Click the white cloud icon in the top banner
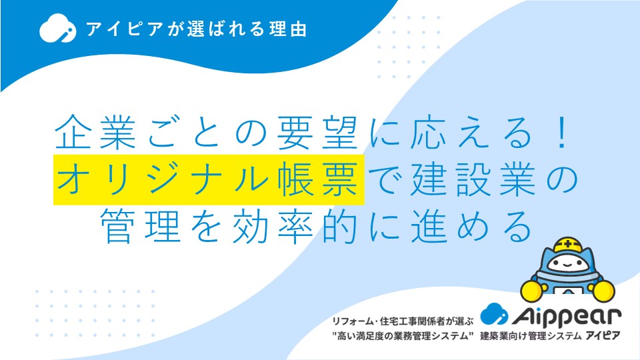57,28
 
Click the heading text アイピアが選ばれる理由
196,29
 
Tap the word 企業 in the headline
95,132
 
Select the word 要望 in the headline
317,132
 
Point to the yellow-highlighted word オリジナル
163,179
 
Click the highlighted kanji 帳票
318,179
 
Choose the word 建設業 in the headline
473,179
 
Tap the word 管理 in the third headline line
141,226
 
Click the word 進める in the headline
472,226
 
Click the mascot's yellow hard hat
568,245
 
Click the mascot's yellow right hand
604,290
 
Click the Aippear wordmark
567,315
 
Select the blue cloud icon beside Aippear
494,313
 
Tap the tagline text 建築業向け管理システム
531,336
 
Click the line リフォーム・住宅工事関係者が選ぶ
403,321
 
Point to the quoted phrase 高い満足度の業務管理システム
403,336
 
